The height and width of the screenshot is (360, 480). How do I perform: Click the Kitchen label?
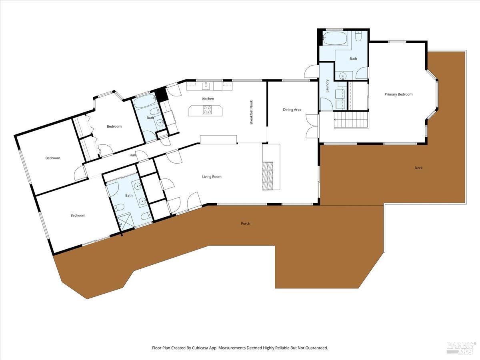[208, 99]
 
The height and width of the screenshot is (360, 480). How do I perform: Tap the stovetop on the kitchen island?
[207, 110]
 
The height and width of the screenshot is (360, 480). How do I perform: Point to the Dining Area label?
[292, 110]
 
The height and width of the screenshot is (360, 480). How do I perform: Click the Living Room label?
[212, 177]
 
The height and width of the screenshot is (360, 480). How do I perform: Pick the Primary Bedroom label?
[398, 94]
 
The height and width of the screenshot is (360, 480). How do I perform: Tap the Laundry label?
[327, 86]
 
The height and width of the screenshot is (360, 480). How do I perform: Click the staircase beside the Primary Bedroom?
[351, 120]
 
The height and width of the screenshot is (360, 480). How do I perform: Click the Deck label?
[418, 168]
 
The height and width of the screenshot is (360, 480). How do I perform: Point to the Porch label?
[246, 224]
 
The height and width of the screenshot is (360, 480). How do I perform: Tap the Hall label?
[133, 155]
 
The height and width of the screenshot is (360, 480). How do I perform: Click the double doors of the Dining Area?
[311, 126]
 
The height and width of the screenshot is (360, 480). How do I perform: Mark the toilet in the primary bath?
[359, 37]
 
